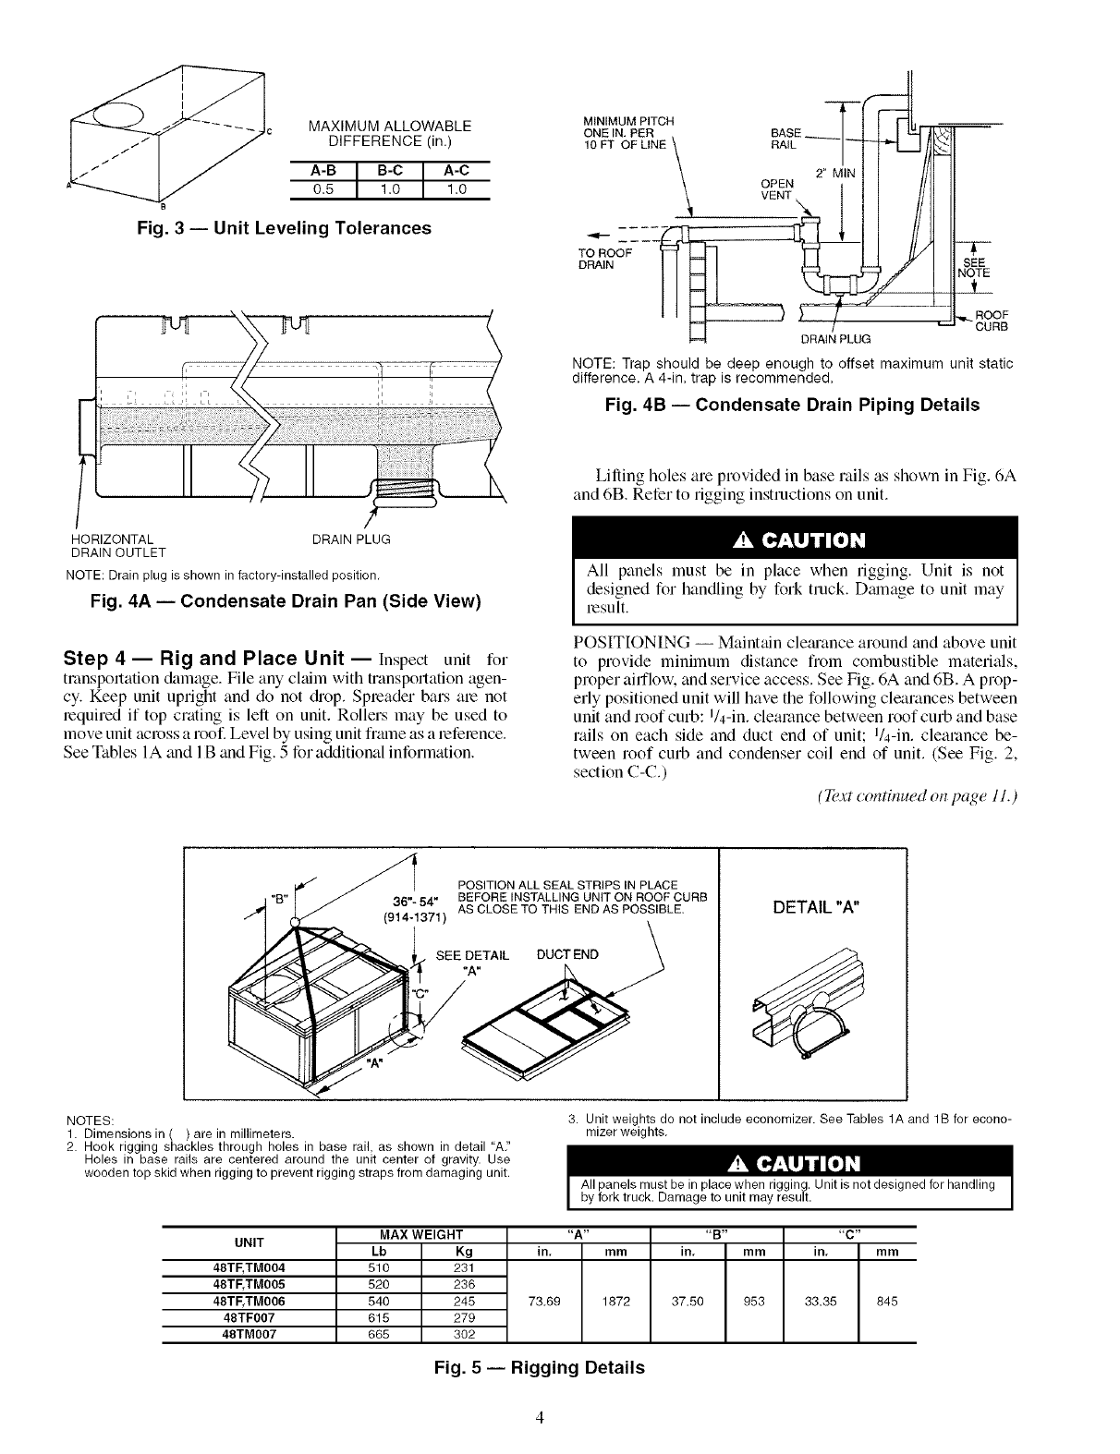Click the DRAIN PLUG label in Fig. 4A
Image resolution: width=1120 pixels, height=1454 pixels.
(x=351, y=539)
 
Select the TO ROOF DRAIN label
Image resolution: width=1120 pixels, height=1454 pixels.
(x=605, y=259)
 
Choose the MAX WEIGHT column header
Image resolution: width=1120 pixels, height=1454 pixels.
(x=420, y=1234)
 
